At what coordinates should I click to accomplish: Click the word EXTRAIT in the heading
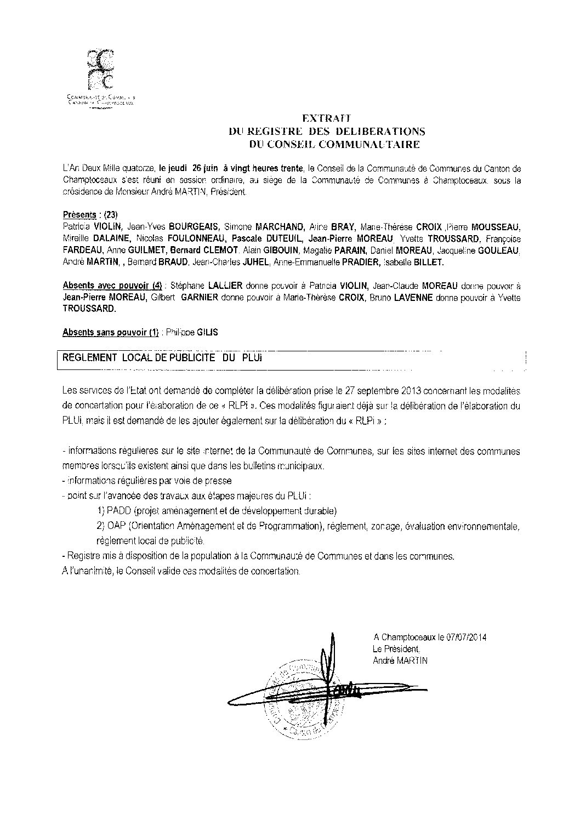pyautogui.click(x=327, y=118)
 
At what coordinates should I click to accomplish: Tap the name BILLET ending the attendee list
pyautogui.click(x=427, y=263)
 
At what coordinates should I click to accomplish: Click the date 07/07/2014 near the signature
pyautogui.click(x=466, y=637)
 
